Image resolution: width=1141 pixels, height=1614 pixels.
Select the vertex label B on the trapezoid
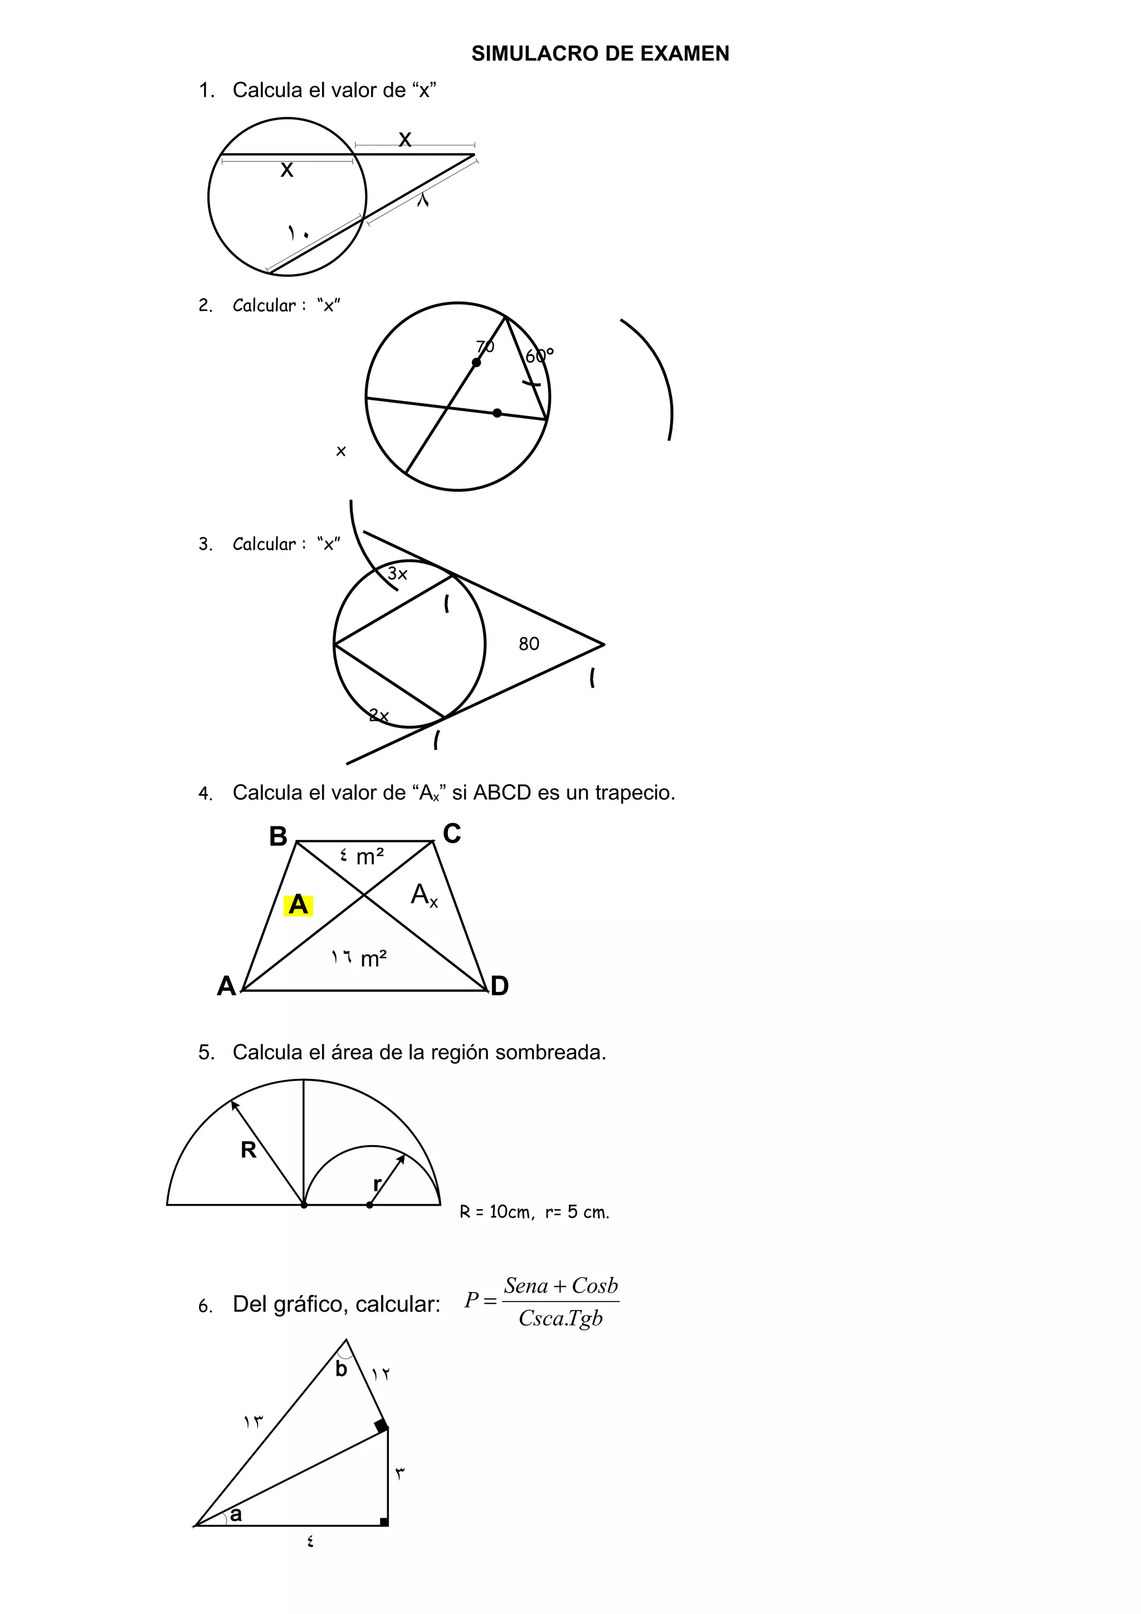click(279, 837)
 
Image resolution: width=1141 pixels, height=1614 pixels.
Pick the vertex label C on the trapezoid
click(452, 834)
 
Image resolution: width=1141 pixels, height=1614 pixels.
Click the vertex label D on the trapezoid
click(499, 986)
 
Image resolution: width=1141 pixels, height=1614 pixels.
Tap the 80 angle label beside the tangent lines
click(529, 644)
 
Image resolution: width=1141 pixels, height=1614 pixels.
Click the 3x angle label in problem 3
click(397, 574)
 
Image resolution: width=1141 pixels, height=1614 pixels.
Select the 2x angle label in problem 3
click(379, 716)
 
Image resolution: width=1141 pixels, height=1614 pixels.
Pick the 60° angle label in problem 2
click(539, 356)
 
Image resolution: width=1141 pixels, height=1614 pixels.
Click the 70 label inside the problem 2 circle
click(485, 346)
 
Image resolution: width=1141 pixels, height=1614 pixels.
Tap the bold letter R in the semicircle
click(248, 1150)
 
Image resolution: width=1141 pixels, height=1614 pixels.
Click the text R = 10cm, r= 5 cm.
click(534, 1212)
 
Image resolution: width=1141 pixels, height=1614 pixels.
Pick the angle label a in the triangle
click(236, 1514)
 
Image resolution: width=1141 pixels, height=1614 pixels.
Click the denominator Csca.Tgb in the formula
click(560, 1319)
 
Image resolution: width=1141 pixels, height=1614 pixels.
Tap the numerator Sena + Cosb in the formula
click(560, 1286)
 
